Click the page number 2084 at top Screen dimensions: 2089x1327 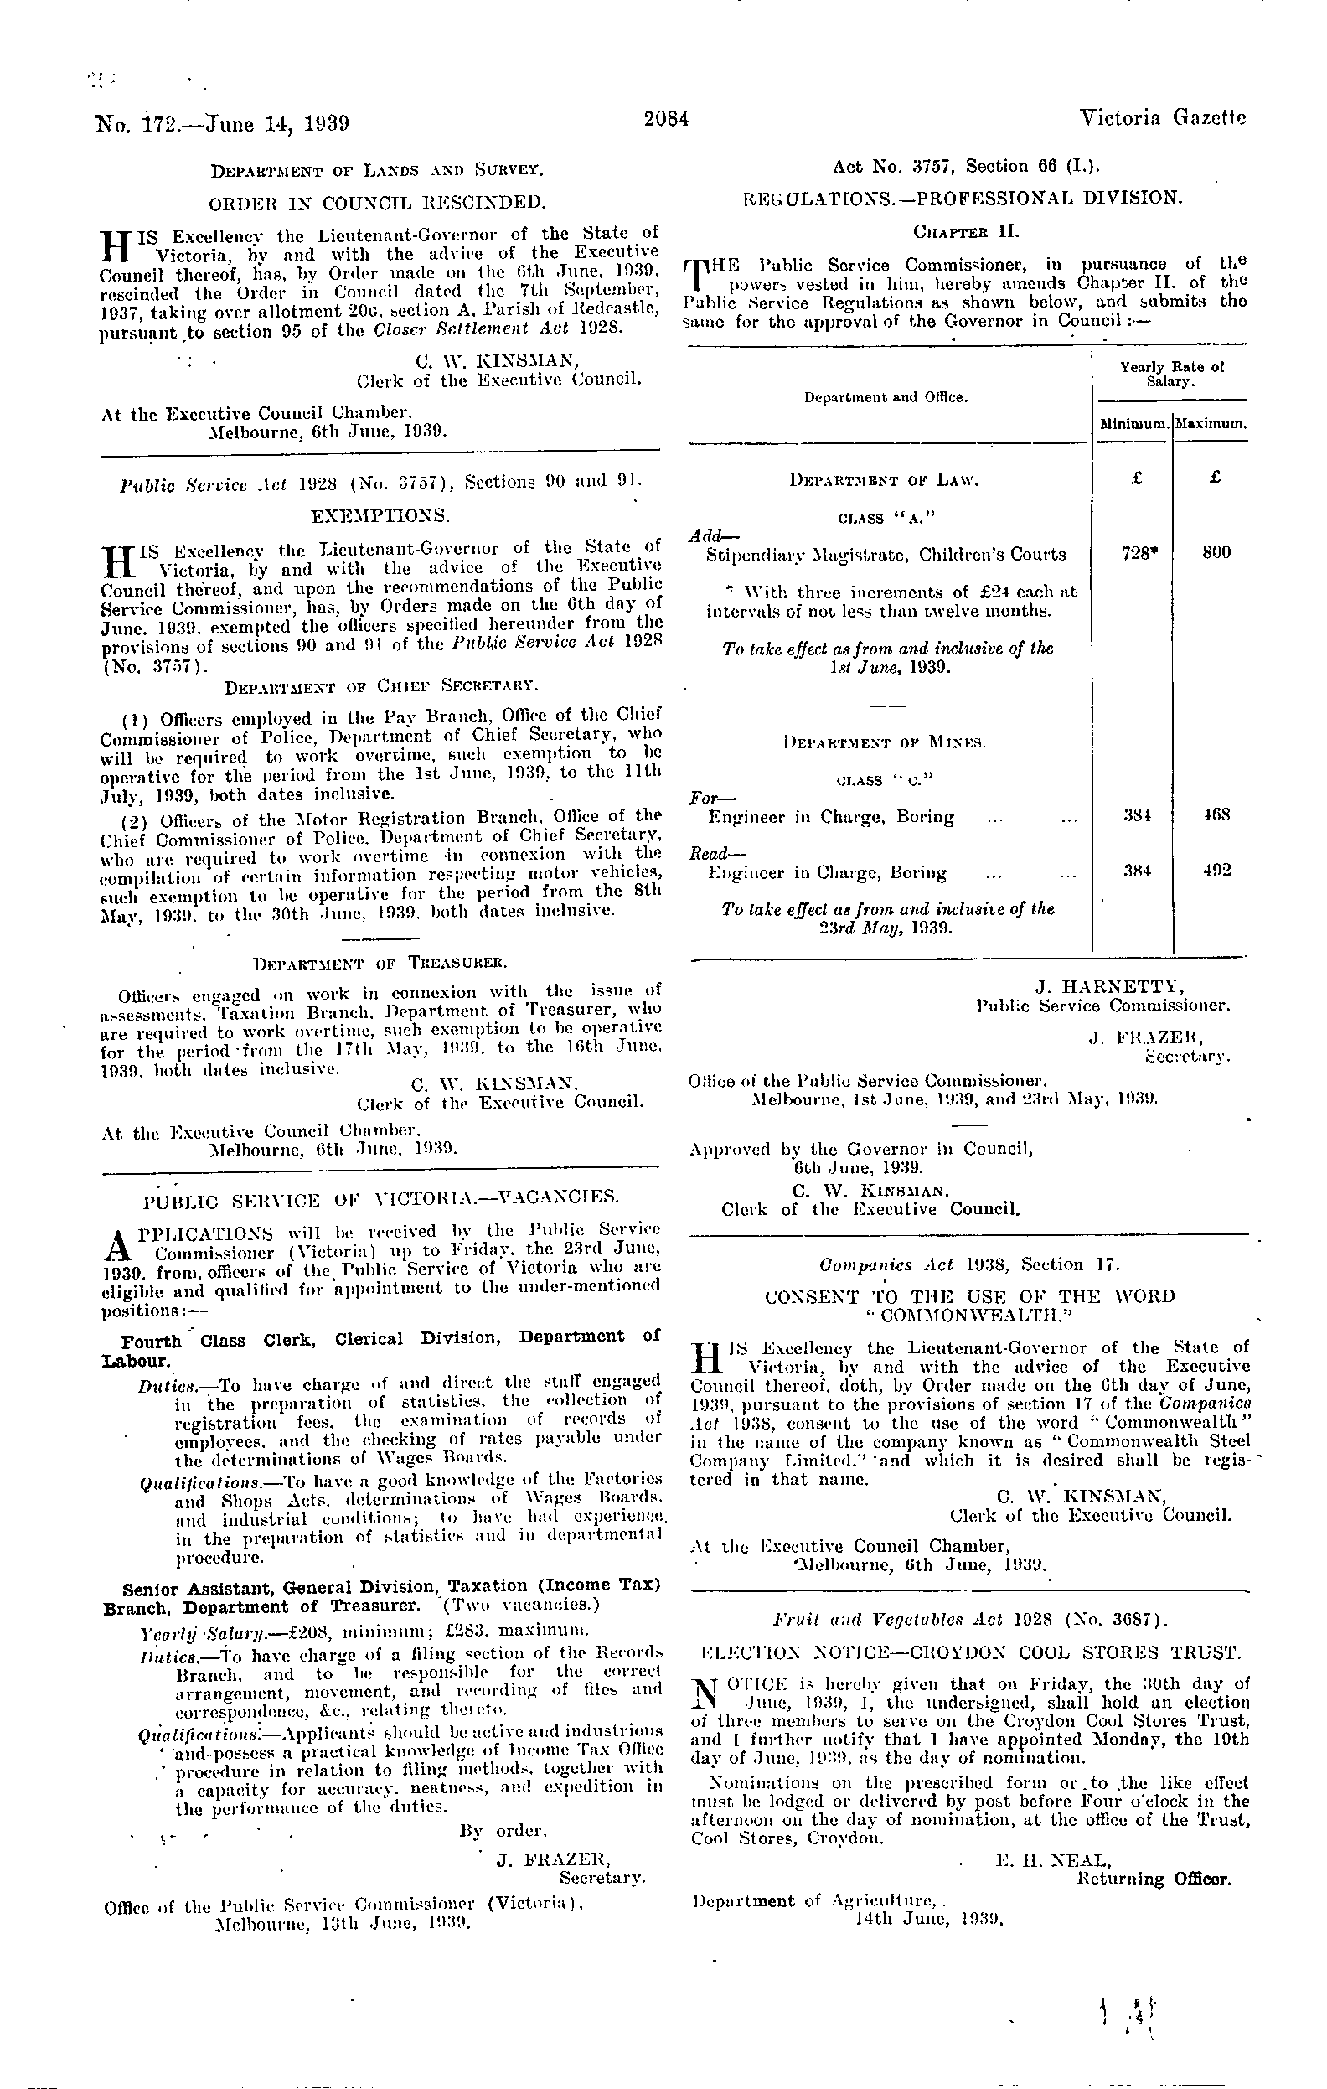pos(666,121)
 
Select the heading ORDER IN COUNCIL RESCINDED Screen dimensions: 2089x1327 pos(378,204)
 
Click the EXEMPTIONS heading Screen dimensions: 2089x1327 pos(380,516)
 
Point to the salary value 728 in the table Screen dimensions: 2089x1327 pos(1135,552)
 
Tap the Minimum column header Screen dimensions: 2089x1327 pos(1133,426)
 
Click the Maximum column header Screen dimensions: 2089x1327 pos(1211,426)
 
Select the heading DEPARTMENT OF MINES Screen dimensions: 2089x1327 pos(884,742)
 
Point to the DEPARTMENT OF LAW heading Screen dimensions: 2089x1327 pos(884,480)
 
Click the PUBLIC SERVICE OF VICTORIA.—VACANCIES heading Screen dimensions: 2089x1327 pos(380,1198)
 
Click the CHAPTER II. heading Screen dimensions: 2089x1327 pos(967,232)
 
